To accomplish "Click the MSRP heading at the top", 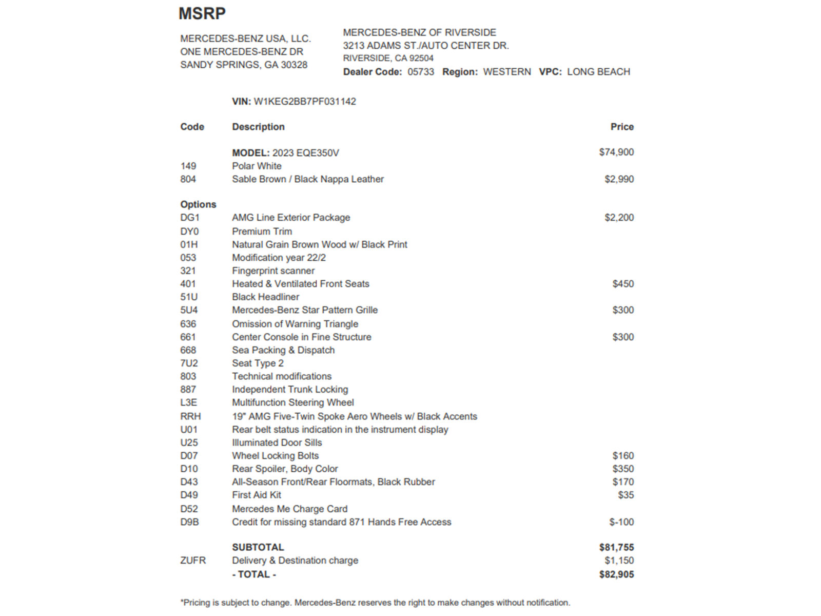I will point(202,13).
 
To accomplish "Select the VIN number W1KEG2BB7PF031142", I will point(305,102).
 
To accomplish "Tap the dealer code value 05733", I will point(421,72).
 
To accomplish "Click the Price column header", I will point(622,127).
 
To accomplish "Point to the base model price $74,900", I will point(616,152).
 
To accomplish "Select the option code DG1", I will point(190,218).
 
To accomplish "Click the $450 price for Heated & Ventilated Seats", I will point(623,284).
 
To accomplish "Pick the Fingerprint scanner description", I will point(273,271).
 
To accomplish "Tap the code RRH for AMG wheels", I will point(190,416).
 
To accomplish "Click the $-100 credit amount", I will point(621,522).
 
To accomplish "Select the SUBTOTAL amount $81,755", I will point(616,548).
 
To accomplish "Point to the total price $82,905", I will point(616,574).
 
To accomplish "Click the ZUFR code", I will point(193,561).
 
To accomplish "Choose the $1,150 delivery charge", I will point(619,561).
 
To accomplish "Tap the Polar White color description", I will point(257,166).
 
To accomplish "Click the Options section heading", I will point(198,204).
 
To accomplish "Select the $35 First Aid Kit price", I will point(625,495).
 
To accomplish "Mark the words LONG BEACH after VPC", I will point(598,72).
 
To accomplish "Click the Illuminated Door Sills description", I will point(277,442).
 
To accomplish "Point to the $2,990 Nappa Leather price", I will point(619,179).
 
